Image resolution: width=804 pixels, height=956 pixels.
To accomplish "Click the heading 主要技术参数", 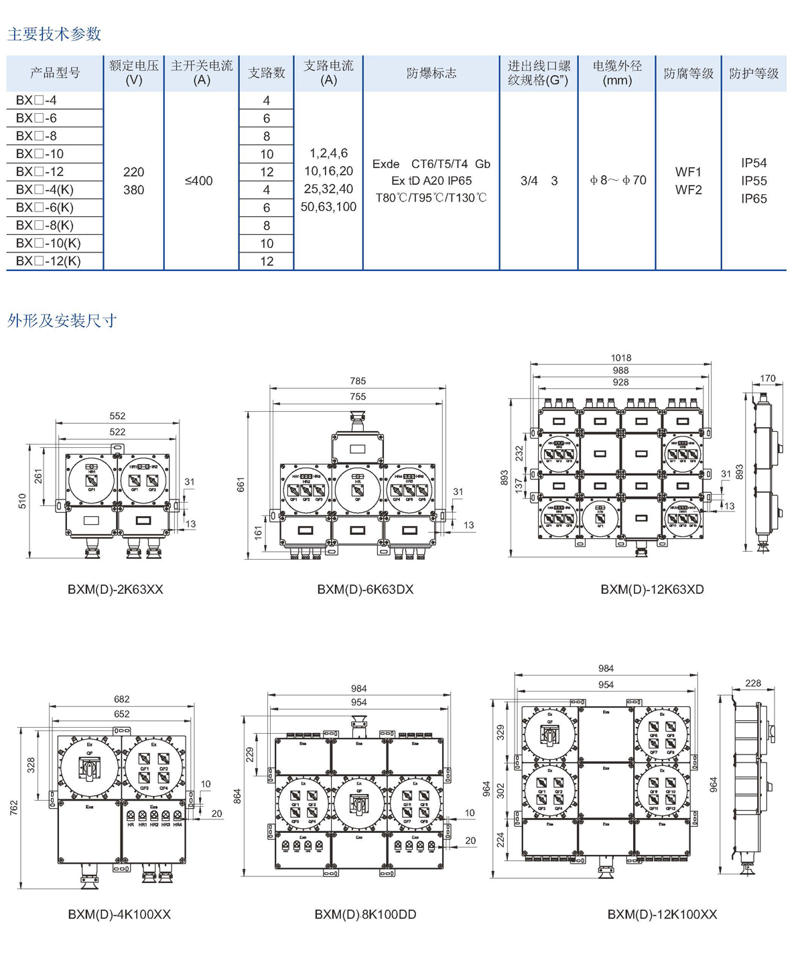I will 54,33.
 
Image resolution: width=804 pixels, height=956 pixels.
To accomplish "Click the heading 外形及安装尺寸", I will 62,321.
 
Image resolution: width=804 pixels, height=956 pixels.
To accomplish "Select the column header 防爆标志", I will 431,73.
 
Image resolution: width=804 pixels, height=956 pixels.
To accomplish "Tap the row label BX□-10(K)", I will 48,243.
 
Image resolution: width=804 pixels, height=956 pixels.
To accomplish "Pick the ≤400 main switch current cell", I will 198,181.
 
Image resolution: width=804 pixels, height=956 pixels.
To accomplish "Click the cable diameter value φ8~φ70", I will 618,180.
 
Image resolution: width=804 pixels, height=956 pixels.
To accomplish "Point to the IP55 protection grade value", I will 754,181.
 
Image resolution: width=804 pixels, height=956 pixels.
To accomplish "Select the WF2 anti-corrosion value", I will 688,190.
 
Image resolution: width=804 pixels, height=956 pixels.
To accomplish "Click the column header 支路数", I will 267,73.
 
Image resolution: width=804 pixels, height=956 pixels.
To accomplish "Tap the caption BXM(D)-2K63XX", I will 115,590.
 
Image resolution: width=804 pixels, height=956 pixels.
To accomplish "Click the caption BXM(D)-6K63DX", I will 365,590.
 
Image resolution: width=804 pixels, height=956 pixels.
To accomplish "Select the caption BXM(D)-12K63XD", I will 652,590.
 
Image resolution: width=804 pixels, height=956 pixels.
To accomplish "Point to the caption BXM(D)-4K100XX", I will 119,914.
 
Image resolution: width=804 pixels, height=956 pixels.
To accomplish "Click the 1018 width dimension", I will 621,358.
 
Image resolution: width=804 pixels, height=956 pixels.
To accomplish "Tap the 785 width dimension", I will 358,381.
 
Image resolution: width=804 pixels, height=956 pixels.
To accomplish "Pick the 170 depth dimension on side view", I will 768,379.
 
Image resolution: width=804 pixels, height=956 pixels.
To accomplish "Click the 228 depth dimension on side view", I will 753,684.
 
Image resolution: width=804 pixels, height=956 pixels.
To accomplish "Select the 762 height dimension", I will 14,808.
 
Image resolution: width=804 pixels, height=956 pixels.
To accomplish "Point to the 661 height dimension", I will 241,485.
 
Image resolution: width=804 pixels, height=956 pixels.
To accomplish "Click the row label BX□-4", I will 36,100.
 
